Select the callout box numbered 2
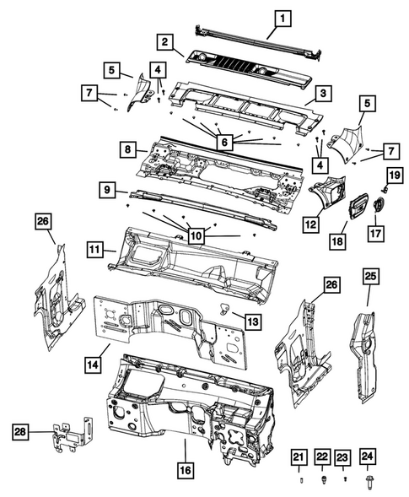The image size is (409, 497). click(165, 41)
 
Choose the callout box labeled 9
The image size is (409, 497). click(107, 192)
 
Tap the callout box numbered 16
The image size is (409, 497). click(185, 468)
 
